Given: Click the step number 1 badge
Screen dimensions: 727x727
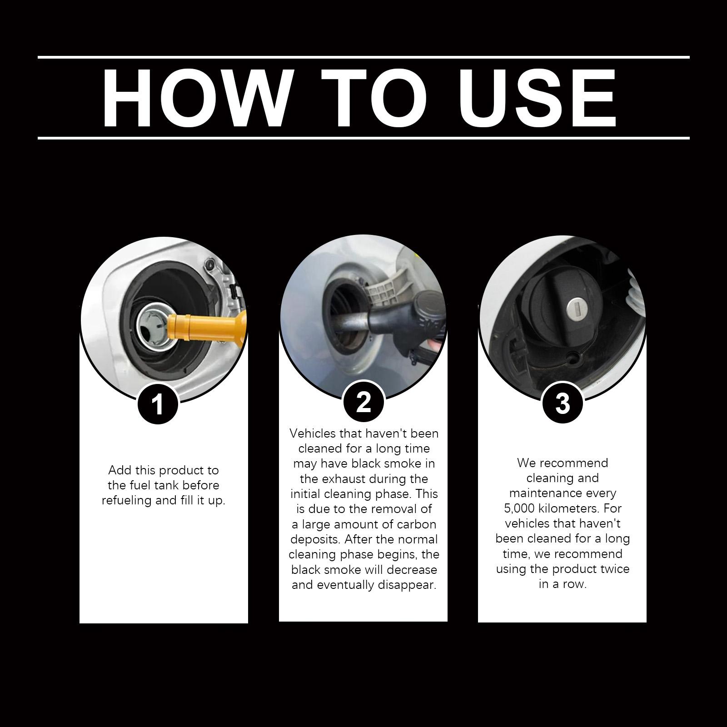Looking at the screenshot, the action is [x=158, y=403].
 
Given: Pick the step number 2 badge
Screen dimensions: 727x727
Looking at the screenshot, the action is [x=363, y=402].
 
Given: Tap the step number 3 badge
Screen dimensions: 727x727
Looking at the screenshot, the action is [x=563, y=403].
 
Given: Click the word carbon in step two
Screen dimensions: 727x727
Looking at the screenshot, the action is [x=416, y=524].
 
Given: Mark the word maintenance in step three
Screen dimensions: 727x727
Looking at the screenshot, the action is [x=563, y=493].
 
